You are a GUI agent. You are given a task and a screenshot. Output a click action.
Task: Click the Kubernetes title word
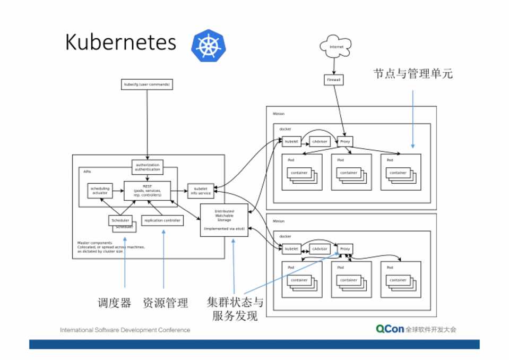tap(120, 43)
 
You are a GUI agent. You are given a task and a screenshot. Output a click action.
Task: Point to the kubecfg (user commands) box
tap(148, 84)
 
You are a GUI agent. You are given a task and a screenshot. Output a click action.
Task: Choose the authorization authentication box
tap(148, 167)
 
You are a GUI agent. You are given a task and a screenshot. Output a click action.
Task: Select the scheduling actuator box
tap(99, 191)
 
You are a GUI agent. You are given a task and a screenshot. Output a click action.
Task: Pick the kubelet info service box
tap(201, 191)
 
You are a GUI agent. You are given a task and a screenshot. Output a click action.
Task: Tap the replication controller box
tap(162, 220)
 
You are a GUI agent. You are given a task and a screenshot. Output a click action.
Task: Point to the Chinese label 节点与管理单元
tap(413, 74)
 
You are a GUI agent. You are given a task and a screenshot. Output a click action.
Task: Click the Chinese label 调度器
tap(114, 303)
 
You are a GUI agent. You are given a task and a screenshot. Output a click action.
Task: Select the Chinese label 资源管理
tap(165, 303)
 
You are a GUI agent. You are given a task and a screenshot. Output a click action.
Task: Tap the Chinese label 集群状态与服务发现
tap(235, 310)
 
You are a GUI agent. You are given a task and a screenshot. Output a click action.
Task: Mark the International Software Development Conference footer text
tap(125, 330)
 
